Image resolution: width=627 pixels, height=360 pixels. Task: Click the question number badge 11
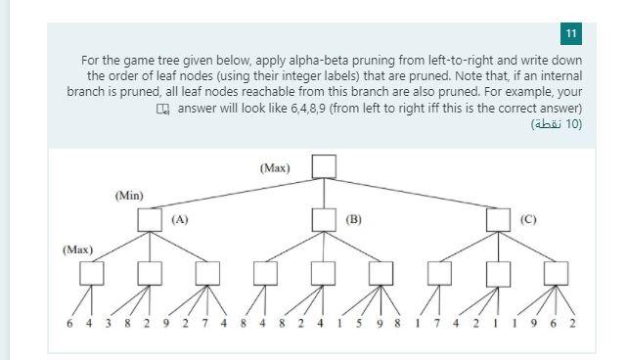coord(571,34)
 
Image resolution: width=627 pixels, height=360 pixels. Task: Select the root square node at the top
coord(324,167)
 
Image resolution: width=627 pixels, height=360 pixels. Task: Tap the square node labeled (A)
coord(150,220)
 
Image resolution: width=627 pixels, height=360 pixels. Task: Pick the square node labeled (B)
coord(324,220)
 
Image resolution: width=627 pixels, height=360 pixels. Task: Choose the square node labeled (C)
coord(498,220)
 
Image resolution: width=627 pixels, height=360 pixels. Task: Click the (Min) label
coord(128,196)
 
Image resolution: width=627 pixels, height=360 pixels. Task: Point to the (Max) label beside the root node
coord(275,168)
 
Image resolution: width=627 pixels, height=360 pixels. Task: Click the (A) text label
coord(180,219)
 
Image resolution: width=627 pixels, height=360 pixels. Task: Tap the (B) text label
coord(354,219)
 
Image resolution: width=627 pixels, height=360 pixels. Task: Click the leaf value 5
coord(359,324)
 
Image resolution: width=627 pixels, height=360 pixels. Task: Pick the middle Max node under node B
coord(324,272)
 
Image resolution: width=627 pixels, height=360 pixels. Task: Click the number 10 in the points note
coord(575,124)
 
